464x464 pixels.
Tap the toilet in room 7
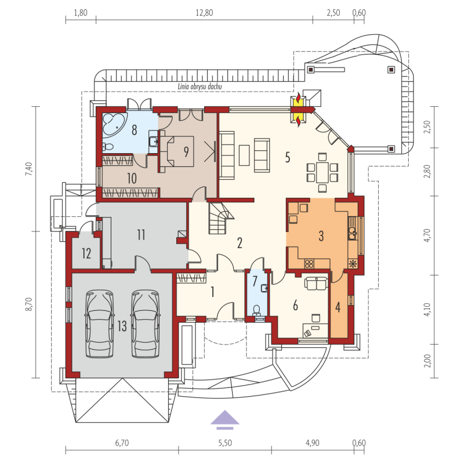256,310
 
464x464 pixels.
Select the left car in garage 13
99,324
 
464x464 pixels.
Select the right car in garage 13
146,324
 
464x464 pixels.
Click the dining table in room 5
322,172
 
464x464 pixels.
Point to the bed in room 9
177,151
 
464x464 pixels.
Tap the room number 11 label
141,235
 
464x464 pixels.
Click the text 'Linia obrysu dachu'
200,86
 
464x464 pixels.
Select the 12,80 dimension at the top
204,13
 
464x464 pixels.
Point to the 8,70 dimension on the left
28,304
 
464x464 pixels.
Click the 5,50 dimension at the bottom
225,443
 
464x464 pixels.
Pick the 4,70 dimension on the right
427,235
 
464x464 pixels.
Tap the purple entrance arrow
225,419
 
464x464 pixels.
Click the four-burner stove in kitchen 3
309,264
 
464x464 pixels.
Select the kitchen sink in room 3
353,233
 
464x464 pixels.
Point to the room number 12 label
86,253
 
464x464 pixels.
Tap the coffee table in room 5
244,155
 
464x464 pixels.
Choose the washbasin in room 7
264,288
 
